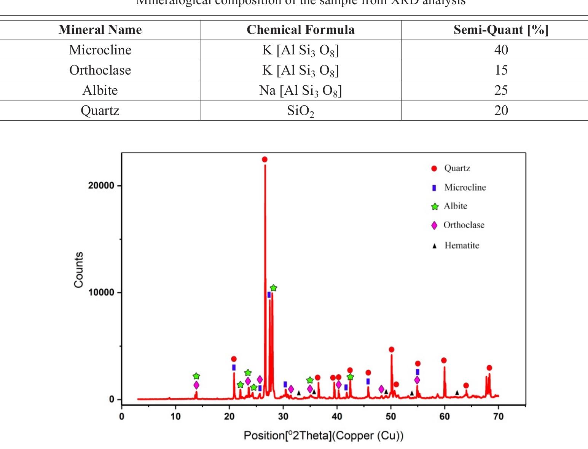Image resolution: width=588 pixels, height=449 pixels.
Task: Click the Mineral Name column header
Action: (100, 30)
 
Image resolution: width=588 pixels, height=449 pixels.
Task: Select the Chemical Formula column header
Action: (301, 30)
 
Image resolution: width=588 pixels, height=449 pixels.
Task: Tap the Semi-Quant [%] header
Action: (501, 30)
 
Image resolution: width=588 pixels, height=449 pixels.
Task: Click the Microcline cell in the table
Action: (100, 50)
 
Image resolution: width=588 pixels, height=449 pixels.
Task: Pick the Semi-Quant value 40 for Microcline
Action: (501, 50)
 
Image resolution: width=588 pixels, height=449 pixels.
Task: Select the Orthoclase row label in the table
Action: (100, 70)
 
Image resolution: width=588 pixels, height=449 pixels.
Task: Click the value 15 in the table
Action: (501, 70)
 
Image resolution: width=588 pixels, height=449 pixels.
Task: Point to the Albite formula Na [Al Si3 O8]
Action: (301, 91)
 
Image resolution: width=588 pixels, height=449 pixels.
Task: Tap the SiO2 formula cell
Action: (301, 111)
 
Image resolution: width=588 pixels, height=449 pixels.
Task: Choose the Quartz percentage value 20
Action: (501, 110)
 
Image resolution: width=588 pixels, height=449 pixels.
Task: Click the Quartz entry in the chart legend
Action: (457, 168)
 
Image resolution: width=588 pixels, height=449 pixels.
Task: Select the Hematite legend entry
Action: (461, 245)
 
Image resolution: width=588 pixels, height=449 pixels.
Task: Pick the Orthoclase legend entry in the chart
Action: (464, 225)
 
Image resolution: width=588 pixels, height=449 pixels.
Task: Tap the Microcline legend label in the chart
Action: (465, 187)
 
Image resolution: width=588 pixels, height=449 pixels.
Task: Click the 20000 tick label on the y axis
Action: (101, 186)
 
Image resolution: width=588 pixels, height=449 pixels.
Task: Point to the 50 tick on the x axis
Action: (391, 416)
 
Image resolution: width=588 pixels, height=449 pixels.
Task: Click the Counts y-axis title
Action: (79, 270)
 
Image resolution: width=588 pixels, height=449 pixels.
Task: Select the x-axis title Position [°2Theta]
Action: (323, 435)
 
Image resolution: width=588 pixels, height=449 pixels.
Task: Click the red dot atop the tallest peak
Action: (265, 159)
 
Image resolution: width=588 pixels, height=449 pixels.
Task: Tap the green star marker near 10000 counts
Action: (273, 288)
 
